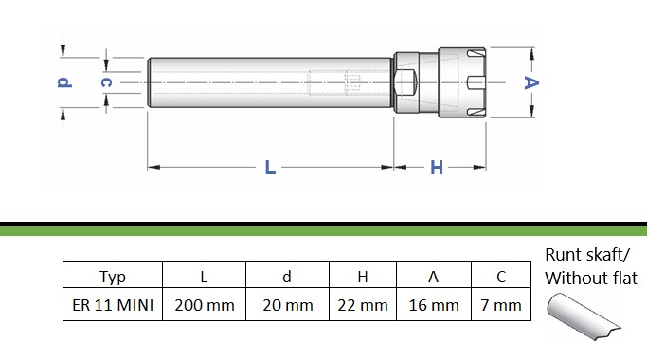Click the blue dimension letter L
pos(270,167)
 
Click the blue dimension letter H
pos(437,168)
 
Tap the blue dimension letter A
pos(531,83)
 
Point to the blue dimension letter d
pos(64,82)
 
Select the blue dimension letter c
pos(106,82)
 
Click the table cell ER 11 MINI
pos(113,305)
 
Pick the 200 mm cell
pos(205,305)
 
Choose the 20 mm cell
pos(288,305)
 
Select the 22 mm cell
pos(363,305)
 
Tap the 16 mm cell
pos(434,305)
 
